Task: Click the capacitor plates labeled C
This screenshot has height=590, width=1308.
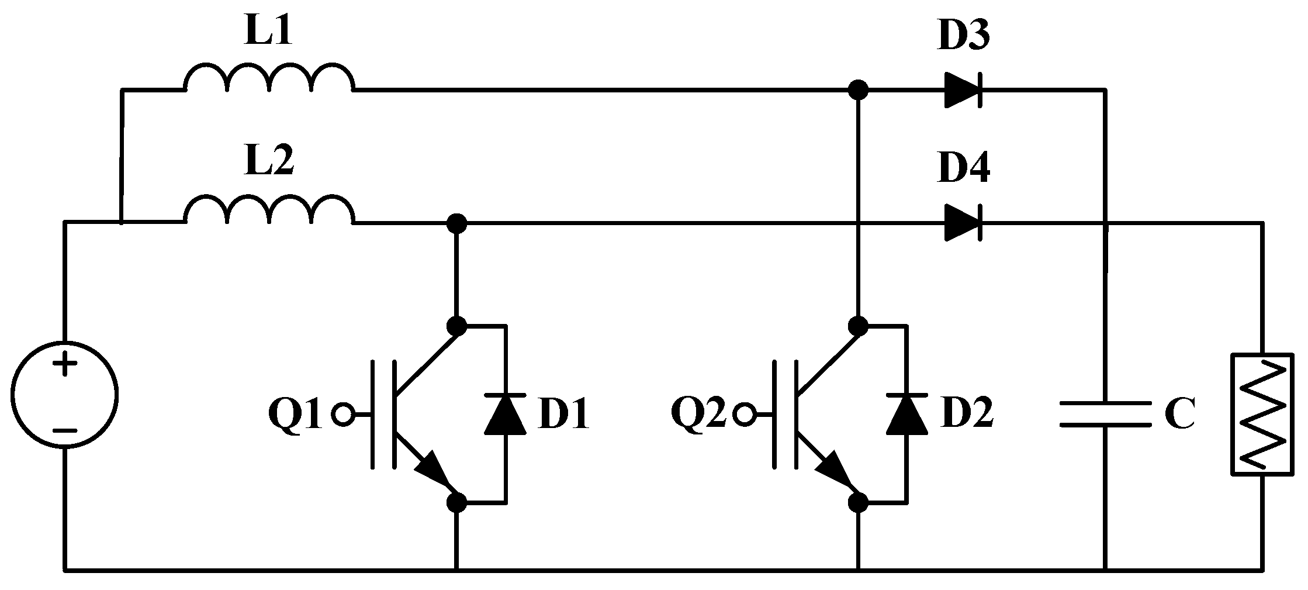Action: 1105,415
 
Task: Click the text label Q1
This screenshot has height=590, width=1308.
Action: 295,415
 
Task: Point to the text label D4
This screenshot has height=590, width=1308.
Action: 964,170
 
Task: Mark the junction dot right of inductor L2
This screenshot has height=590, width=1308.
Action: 456,223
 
